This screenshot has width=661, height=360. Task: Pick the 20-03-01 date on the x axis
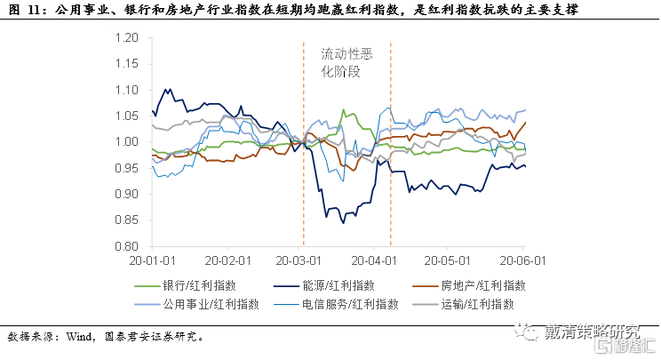tap(302, 262)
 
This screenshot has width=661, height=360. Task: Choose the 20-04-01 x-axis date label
tap(377, 262)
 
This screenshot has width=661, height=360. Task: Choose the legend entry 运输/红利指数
tap(482, 305)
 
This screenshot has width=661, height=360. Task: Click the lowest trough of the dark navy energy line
tap(327, 217)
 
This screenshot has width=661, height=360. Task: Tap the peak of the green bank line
tap(344, 110)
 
